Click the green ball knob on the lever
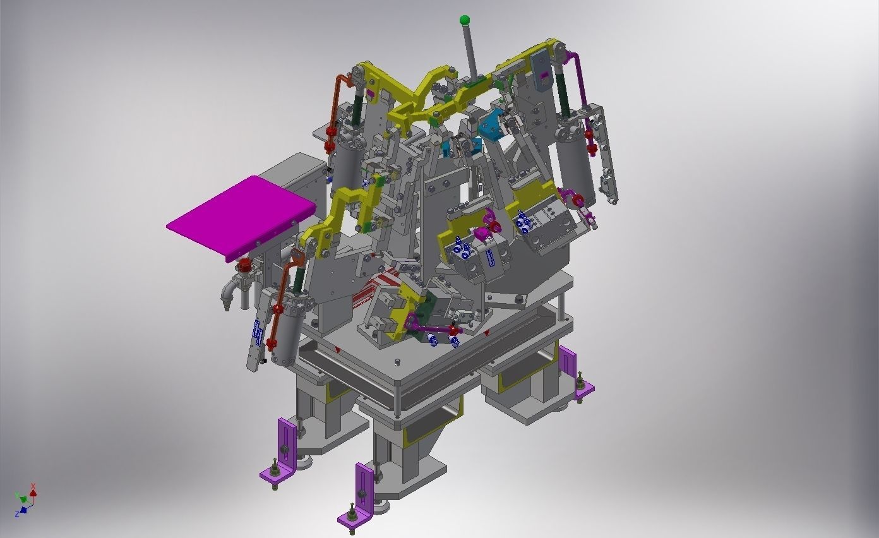pyautogui.click(x=465, y=20)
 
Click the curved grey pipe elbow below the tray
pyautogui.click(x=228, y=293)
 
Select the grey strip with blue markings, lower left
pyautogui.click(x=256, y=335)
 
